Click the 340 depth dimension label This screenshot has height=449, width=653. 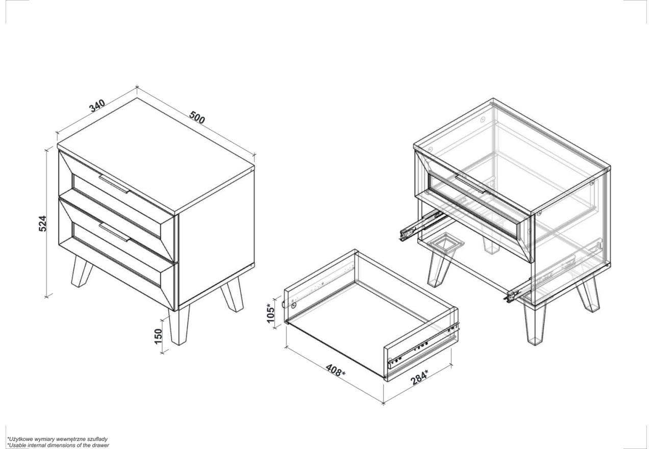[97, 106]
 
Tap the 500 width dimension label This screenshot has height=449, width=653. [197, 117]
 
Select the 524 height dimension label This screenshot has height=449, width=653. [42, 223]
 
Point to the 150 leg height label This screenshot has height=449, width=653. [158, 336]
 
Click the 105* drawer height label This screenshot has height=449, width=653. [271, 313]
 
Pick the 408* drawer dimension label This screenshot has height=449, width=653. [336, 370]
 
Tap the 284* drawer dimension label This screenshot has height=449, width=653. [419, 377]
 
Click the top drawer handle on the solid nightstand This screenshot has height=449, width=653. [114, 184]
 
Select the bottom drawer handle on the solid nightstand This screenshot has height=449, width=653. [114, 232]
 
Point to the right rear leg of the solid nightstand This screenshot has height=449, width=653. [233, 294]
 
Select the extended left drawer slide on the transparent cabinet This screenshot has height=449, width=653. [423, 226]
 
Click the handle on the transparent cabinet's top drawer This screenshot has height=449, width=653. [471, 184]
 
